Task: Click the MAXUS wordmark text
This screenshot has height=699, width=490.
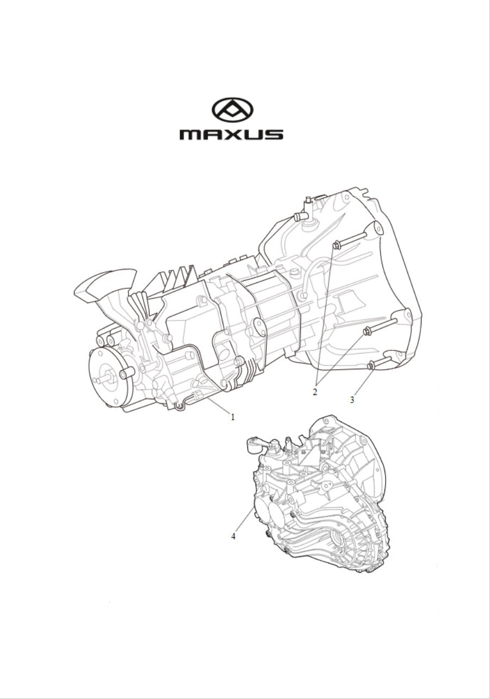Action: point(231,135)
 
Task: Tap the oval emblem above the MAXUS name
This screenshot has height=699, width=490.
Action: point(232,110)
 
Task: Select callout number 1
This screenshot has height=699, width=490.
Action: point(232,417)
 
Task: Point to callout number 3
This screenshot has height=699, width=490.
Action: point(352,400)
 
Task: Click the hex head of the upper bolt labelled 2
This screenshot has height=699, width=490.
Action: point(336,245)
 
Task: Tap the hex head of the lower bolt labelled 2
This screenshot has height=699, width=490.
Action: point(367,331)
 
